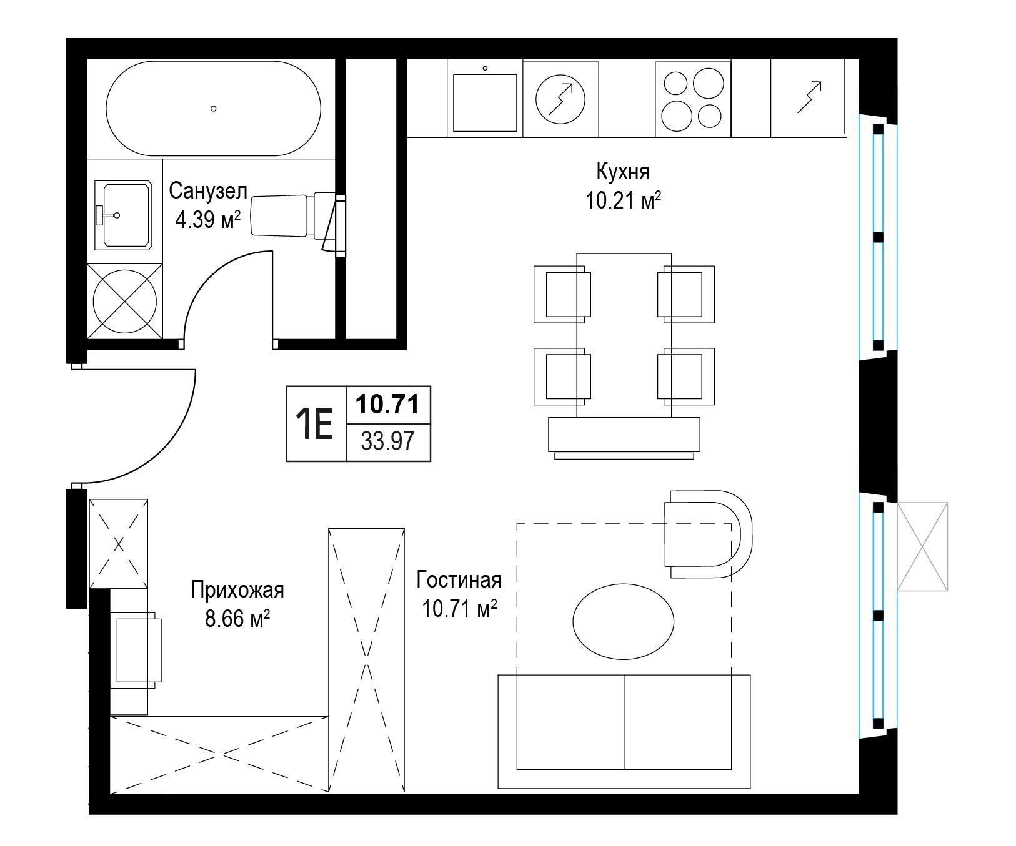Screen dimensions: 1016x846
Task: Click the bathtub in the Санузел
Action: [x=213, y=108]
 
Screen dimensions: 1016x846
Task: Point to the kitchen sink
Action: [x=485, y=102]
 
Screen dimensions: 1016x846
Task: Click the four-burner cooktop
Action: [x=693, y=99]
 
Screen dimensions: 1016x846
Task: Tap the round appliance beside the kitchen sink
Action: [x=561, y=99]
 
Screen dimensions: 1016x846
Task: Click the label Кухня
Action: [x=623, y=171]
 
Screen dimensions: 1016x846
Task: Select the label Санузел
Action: [x=208, y=191]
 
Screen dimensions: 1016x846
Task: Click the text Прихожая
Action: [x=237, y=589]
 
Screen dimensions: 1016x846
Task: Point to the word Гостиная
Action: [x=459, y=579]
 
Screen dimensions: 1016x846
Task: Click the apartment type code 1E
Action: [x=316, y=424]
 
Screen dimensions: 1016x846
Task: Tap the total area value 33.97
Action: [x=388, y=441]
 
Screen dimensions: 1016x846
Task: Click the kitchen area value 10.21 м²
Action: [x=623, y=201]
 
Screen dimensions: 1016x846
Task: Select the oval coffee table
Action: [x=624, y=621]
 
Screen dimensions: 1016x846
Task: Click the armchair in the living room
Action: [x=708, y=535]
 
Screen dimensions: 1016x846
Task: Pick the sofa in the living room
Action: [x=624, y=731]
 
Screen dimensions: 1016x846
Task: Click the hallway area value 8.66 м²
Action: [x=237, y=619]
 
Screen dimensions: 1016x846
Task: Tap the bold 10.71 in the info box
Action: [x=388, y=405]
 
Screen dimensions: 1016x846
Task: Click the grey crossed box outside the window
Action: [x=922, y=546]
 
